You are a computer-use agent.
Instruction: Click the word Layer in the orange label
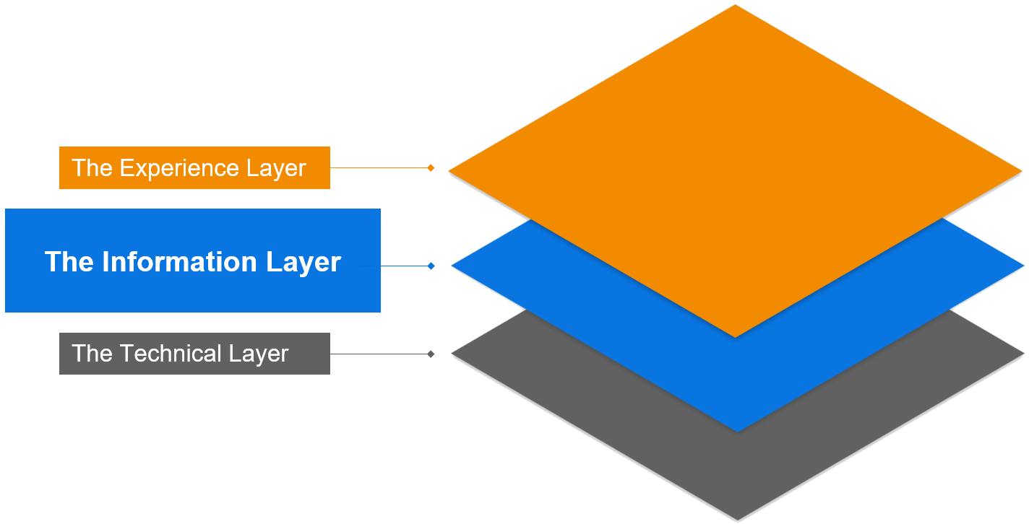coord(275,168)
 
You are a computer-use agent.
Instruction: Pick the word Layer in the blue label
coord(303,261)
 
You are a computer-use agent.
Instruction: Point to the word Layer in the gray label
coord(259,354)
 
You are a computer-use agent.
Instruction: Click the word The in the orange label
coord(92,168)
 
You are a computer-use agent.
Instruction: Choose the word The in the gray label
coord(92,354)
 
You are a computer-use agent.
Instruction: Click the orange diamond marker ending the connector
coord(431,167)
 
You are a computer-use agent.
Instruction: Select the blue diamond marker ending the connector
coord(431,266)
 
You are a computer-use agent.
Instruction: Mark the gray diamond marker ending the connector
coord(431,354)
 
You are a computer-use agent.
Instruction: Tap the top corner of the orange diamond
coord(735,6)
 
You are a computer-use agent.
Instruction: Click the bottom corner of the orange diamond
coord(736,336)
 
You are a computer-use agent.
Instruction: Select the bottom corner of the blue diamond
coord(738,431)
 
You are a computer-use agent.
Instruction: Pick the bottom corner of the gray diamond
coord(738,518)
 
